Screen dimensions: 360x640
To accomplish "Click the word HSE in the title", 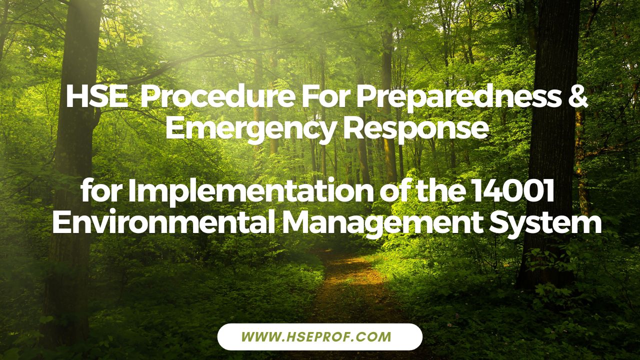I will [x=96, y=97].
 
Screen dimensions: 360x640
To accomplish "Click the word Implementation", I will [x=255, y=192].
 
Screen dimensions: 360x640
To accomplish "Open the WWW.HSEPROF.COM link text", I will [x=320, y=336].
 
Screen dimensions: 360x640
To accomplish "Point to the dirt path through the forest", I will [x=350, y=290].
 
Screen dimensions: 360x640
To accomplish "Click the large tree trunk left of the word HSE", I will [x=75, y=150].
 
